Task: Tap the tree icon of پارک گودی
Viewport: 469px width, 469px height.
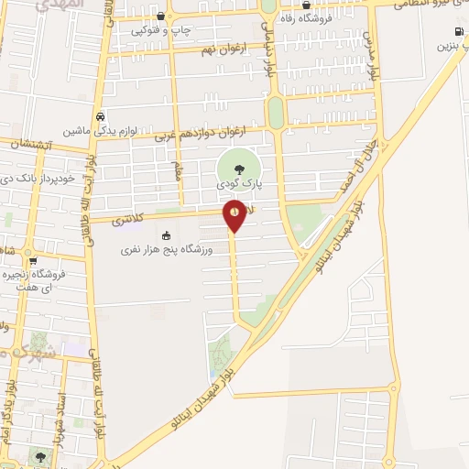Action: pyautogui.click(x=239, y=168)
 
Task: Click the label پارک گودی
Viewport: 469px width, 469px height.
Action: pyautogui.click(x=239, y=184)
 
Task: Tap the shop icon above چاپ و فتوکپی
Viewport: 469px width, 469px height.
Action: pyautogui.click(x=161, y=16)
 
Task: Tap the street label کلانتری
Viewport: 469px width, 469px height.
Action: pyautogui.click(x=130, y=220)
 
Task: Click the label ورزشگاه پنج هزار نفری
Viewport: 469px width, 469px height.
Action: pyautogui.click(x=167, y=249)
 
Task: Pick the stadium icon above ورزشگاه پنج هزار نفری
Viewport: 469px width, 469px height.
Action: pyautogui.click(x=166, y=235)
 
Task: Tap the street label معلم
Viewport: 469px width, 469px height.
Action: pyautogui.click(x=177, y=170)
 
